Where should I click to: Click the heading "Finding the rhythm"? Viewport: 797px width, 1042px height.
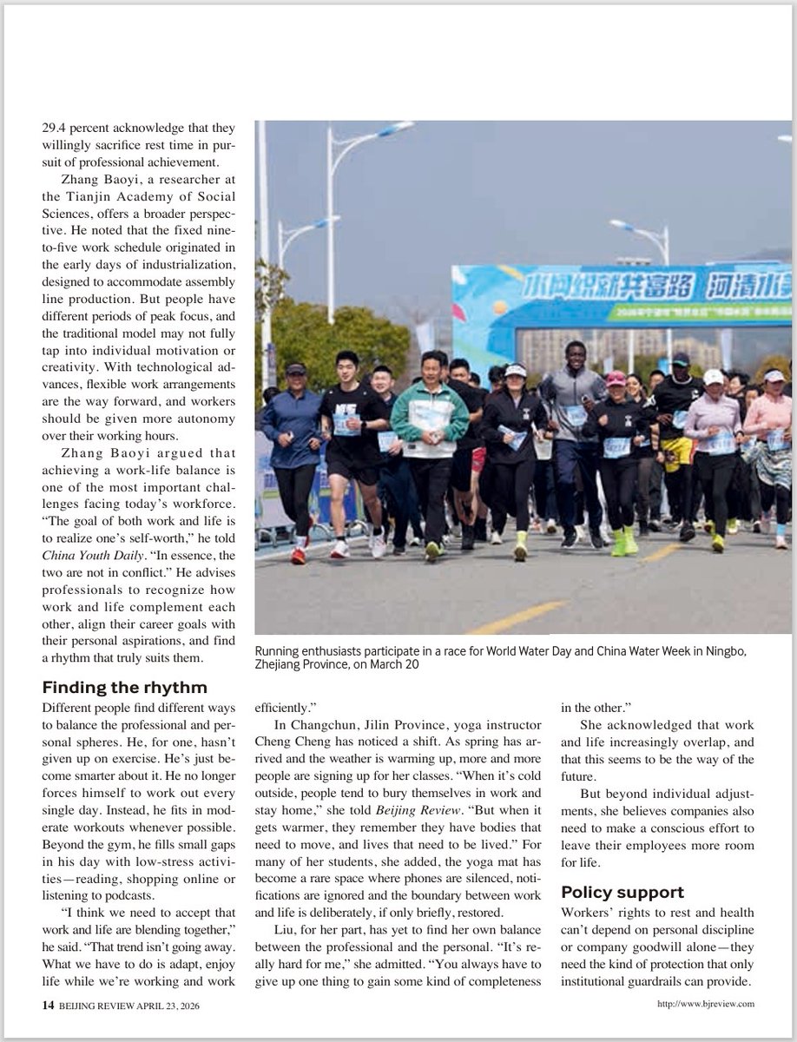[x=124, y=688]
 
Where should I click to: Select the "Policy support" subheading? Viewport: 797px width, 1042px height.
[x=622, y=892]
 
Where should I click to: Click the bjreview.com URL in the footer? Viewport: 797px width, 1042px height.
[x=706, y=1004]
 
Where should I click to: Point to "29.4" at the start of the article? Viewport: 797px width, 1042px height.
[x=55, y=125]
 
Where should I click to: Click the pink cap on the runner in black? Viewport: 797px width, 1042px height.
[x=616, y=378]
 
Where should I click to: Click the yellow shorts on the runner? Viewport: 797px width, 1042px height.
[x=676, y=452]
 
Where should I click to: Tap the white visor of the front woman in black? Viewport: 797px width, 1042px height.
[x=516, y=371]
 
